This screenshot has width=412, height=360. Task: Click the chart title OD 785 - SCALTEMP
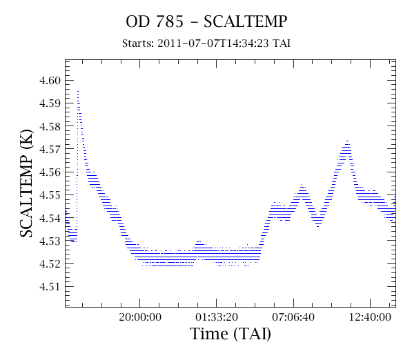tap(206, 21)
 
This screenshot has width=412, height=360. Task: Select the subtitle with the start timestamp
tap(206, 43)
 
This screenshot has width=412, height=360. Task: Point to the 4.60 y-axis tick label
tap(50, 81)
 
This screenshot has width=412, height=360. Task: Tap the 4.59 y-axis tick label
tap(50, 103)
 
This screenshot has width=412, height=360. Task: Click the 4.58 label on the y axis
tap(50, 126)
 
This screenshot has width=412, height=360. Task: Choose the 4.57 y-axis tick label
tap(50, 149)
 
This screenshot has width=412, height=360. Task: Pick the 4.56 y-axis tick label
tap(50, 172)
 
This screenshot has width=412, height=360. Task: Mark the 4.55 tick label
tap(50, 195)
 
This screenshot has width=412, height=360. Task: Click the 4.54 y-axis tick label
tap(50, 218)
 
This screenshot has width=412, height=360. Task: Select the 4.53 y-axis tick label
tap(50, 241)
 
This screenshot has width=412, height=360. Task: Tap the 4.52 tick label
tap(50, 263)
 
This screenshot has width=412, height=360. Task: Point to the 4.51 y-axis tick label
tap(50, 286)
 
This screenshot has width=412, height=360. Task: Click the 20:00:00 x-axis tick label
tap(140, 317)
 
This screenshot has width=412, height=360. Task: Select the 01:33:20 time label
tap(217, 317)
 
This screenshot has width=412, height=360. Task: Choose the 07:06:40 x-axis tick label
tap(293, 317)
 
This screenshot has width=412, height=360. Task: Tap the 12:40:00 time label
tap(370, 317)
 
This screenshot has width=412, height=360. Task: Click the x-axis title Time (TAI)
tap(230, 334)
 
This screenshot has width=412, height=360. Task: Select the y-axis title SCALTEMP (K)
tap(26, 183)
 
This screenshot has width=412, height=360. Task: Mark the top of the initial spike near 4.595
tap(78, 91)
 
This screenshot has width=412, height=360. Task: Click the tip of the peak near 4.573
tap(347, 141)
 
